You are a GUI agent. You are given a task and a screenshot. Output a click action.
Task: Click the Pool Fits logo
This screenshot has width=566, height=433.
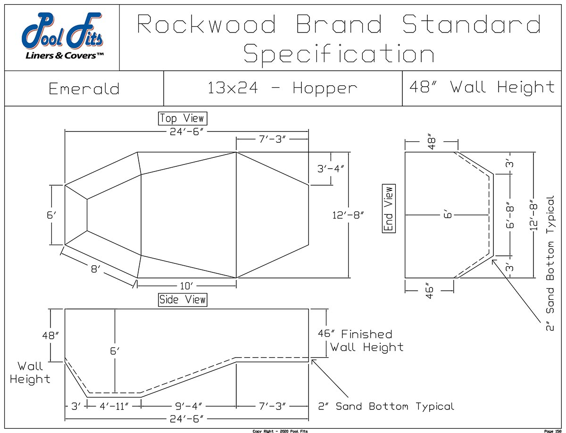pyautogui.click(x=62, y=37)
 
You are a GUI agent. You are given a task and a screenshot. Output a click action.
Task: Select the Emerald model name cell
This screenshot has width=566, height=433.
pyautogui.click(x=84, y=89)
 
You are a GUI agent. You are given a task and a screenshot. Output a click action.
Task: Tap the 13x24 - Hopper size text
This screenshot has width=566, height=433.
pyautogui.click(x=283, y=88)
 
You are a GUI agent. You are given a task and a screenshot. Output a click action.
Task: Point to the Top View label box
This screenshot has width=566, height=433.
pyautogui.click(x=182, y=118)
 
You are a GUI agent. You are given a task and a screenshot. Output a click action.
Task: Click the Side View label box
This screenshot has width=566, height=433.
pyautogui.click(x=183, y=299)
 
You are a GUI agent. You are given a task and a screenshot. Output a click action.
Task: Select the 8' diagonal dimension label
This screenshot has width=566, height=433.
pyautogui.click(x=96, y=270)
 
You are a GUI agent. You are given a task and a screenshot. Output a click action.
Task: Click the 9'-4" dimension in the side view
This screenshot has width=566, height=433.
pyautogui.click(x=187, y=406)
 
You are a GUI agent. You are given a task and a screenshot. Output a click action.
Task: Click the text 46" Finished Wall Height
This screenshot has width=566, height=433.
pyautogui.click(x=361, y=341)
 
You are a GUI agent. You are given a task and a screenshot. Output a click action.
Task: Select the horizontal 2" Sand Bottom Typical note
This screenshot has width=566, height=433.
pyautogui.click(x=386, y=406)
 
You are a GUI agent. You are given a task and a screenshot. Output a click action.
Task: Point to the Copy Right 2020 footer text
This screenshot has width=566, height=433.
pyautogui.click(x=280, y=431)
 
